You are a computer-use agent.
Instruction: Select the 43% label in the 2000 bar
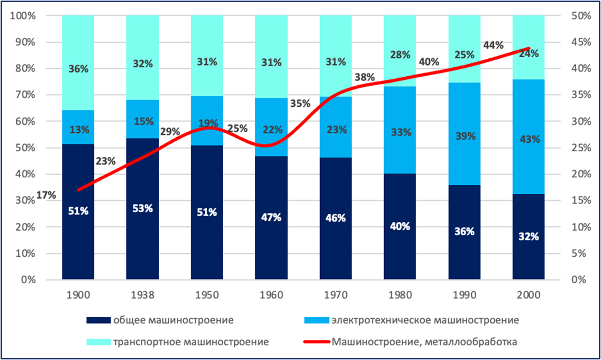click(x=529, y=140)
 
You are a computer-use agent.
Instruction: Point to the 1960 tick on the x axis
click(x=271, y=294)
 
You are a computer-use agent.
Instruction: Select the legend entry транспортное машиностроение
click(x=191, y=341)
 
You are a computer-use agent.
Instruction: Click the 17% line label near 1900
click(x=46, y=195)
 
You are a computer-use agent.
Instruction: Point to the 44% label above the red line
click(x=493, y=46)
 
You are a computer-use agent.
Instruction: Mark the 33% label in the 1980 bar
click(x=400, y=132)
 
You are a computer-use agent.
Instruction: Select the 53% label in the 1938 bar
click(x=142, y=208)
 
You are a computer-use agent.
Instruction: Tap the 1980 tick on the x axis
click(x=400, y=294)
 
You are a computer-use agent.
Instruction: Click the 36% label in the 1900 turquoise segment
click(x=78, y=68)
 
